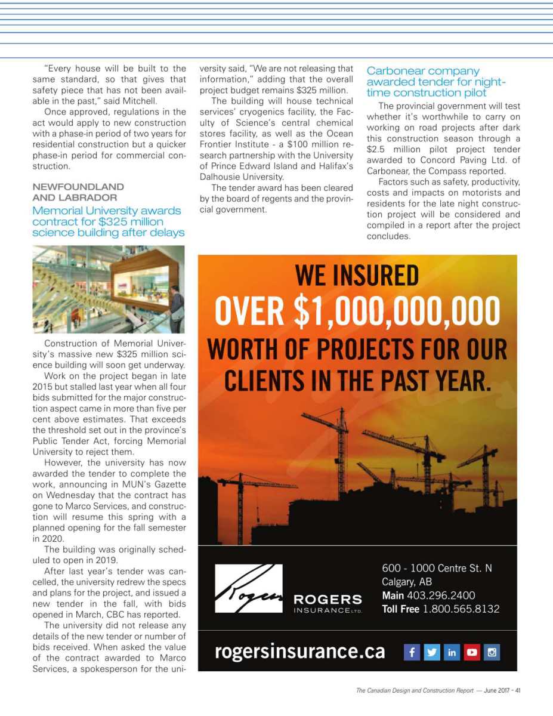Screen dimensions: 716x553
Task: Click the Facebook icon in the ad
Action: tap(412, 652)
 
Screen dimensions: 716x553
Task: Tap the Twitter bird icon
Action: tap(432, 652)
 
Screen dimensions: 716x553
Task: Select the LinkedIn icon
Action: tap(452, 652)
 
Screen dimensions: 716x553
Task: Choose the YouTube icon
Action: tap(472, 652)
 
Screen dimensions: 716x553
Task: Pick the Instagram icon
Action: tap(492, 652)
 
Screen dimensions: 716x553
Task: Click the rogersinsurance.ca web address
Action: tap(300, 652)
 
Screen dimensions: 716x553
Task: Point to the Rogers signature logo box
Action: tap(248, 588)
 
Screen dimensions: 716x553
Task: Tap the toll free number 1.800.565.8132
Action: tap(461, 609)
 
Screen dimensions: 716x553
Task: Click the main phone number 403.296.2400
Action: tap(441, 595)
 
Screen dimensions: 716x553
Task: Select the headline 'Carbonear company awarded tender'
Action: tap(436, 82)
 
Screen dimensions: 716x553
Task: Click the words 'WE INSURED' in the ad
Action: tap(357, 276)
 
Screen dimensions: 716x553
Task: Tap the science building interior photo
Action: tap(108, 289)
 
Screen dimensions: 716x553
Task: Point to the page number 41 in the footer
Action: tap(518, 690)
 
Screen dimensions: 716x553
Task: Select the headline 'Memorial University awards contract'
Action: tap(107, 221)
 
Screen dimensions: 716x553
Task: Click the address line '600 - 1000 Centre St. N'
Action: tap(437, 568)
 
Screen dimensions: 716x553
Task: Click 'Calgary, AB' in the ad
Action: tap(406, 582)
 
